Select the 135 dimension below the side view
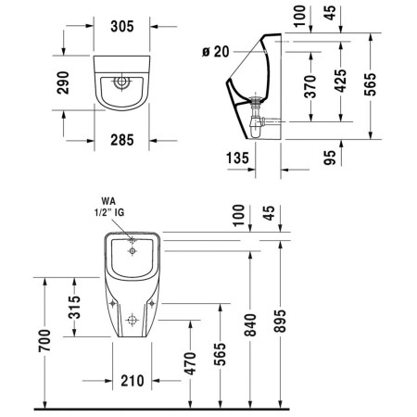(236, 158)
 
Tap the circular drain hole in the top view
(119, 81)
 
